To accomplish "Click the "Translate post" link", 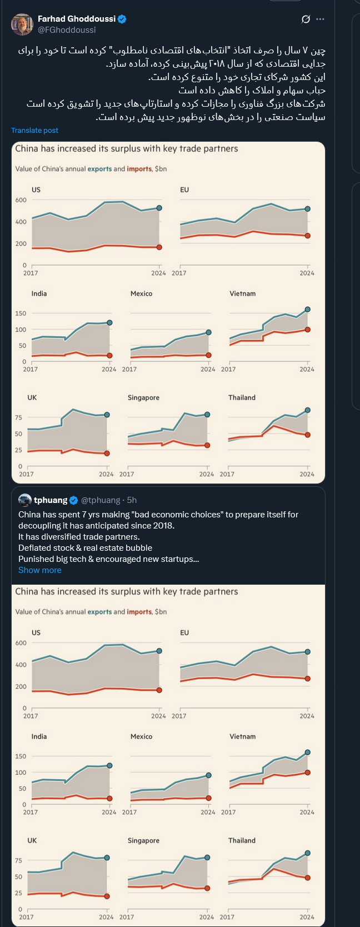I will tap(34, 131).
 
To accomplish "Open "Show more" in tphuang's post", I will tap(39, 570).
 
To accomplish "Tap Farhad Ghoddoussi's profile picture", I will tap(22, 24).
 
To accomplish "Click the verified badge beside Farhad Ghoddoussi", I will tap(122, 19).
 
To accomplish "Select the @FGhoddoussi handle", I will tap(67, 30).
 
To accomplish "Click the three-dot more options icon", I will tap(320, 19).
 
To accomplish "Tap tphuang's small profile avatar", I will tap(25, 500).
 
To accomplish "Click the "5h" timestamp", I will tap(132, 500).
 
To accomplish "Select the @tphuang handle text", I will tap(101, 500).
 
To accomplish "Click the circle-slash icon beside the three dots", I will tap(306, 19).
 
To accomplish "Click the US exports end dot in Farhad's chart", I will tap(159, 208).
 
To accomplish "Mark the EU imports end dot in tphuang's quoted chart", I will tap(308, 679).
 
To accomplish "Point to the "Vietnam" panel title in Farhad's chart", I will tap(243, 293).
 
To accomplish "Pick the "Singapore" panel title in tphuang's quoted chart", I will tap(143, 840).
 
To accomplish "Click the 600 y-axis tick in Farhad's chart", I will tap(21, 200).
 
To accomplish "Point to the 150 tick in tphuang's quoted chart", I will tap(21, 756).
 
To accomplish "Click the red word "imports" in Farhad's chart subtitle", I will tap(139, 169).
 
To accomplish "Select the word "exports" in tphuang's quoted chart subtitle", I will tap(99, 612).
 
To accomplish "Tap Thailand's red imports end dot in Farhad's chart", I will tap(308, 435).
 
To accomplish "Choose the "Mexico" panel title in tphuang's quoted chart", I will tap(141, 736).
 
